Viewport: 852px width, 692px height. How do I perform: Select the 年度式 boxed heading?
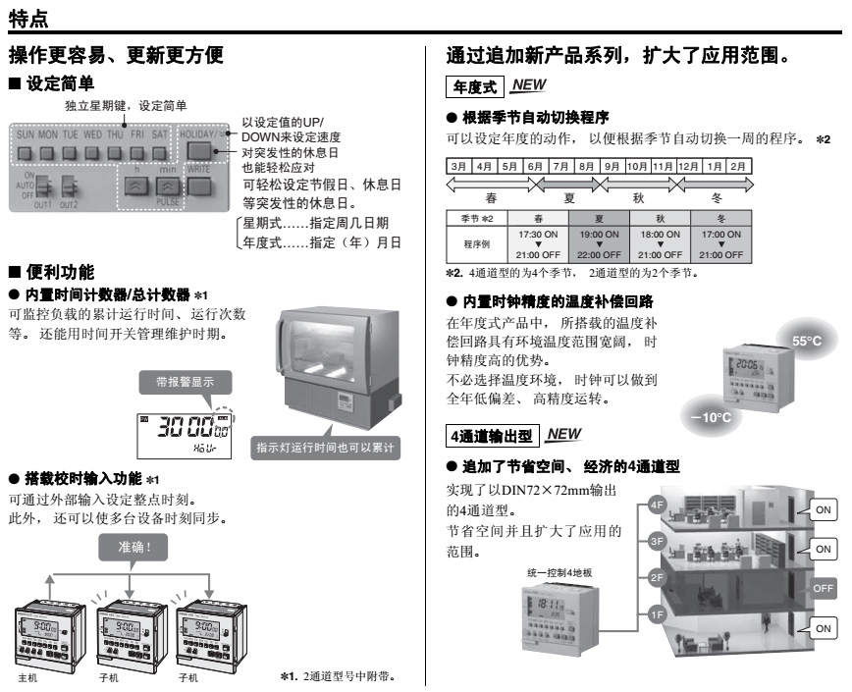tap(472, 87)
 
